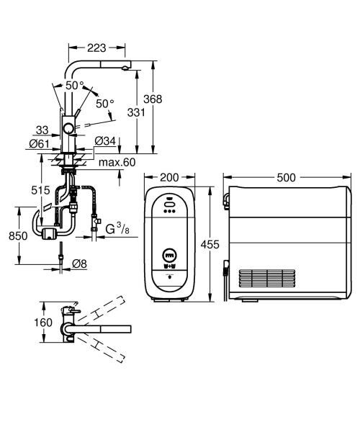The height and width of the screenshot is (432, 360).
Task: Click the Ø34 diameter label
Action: pyautogui.click(x=105, y=140)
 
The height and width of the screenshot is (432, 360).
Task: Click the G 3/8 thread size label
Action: pyautogui.click(x=117, y=230)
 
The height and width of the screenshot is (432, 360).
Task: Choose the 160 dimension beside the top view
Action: pyautogui.click(x=44, y=322)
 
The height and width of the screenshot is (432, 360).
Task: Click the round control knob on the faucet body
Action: pyautogui.click(x=68, y=129)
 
